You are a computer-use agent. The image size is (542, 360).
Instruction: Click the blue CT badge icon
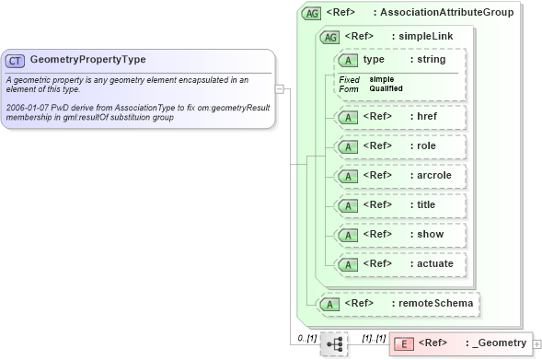click(x=15, y=60)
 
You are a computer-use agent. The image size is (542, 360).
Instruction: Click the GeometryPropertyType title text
click(x=87, y=60)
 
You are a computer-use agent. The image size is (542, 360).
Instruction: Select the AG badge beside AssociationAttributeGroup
click(x=312, y=13)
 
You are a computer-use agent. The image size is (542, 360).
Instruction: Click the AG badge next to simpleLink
click(x=328, y=37)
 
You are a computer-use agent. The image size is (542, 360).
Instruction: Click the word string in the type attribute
click(x=431, y=59)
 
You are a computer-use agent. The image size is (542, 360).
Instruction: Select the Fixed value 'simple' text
click(x=382, y=79)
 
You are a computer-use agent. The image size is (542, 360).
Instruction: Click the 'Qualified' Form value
click(x=386, y=88)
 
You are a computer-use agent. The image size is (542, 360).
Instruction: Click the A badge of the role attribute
click(x=348, y=146)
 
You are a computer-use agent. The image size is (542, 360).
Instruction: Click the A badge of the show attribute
click(x=348, y=235)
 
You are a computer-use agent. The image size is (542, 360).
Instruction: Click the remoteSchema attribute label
click(x=436, y=302)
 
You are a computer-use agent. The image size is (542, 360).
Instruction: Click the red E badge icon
click(x=403, y=343)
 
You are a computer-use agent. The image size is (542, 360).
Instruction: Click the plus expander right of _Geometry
click(x=537, y=344)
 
